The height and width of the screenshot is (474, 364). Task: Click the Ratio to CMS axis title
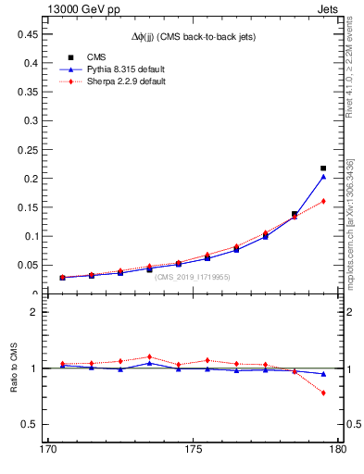pyautogui.click(x=13, y=369)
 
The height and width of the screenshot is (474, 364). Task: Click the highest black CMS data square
pyautogui.click(x=322, y=168)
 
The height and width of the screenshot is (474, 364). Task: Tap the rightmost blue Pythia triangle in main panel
pyautogui.click(x=322, y=176)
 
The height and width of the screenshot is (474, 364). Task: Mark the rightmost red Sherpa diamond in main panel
pyautogui.click(x=322, y=201)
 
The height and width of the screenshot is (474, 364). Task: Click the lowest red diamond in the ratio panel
pyautogui.click(x=322, y=393)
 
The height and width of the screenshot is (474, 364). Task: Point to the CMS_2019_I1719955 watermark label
pyautogui.click(x=193, y=277)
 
